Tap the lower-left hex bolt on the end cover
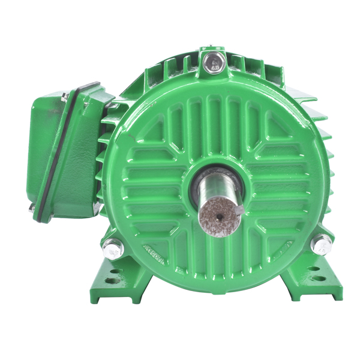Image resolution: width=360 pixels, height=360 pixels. [x=113, y=248]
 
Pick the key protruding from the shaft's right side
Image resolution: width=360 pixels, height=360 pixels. [x=239, y=210]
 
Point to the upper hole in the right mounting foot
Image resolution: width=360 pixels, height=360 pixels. [x=314, y=268]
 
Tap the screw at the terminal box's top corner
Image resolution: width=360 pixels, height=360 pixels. [x=65, y=96]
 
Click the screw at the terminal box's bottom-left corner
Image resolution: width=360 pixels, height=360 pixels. [x=31, y=208]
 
